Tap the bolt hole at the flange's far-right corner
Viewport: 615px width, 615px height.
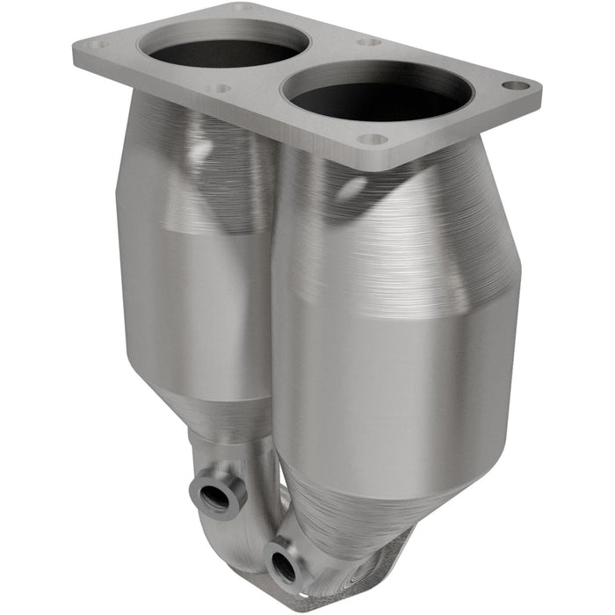coord(516,86)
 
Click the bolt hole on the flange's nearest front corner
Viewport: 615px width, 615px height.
coord(373,139)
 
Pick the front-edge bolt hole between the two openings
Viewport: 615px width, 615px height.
coord(220,88)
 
